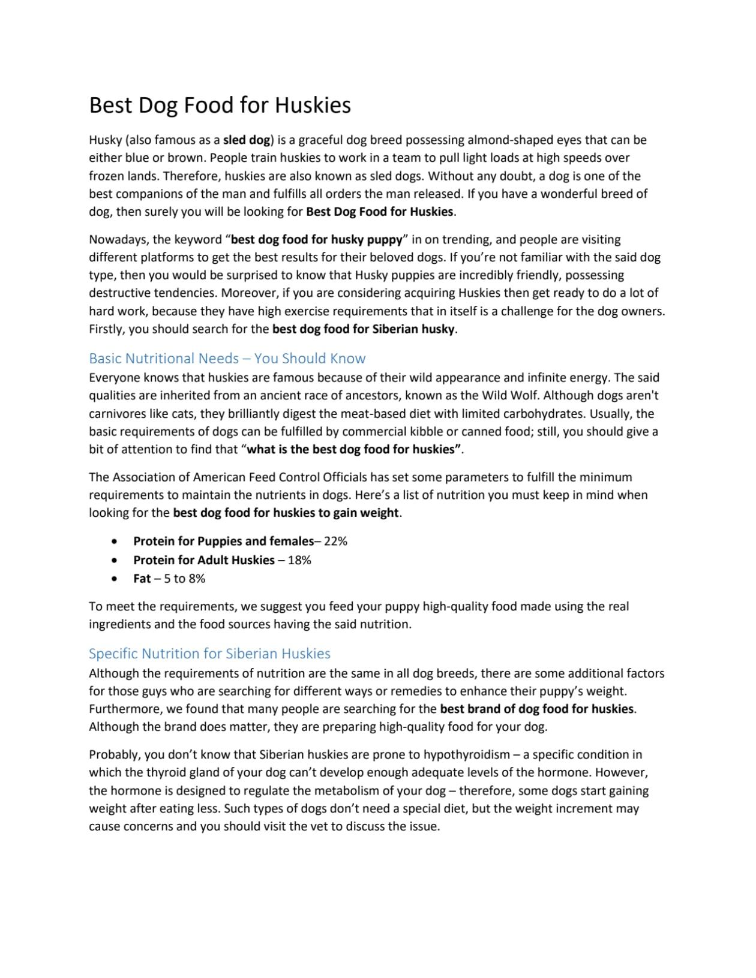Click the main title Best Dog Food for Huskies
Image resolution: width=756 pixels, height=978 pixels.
220,106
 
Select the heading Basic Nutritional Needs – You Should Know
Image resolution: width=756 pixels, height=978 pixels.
227,359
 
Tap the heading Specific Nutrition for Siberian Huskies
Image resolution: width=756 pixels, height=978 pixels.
209,654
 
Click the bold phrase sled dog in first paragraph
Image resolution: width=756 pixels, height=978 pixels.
247,140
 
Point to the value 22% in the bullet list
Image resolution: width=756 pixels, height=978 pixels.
335,541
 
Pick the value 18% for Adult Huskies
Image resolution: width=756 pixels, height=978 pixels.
299,560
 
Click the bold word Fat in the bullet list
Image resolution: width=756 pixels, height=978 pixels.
142,579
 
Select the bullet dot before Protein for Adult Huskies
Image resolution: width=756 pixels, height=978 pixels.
115,560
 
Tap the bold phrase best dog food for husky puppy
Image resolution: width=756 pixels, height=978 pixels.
316,240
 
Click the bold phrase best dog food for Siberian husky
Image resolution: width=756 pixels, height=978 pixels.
364,329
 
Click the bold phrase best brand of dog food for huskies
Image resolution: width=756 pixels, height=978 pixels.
536,709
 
